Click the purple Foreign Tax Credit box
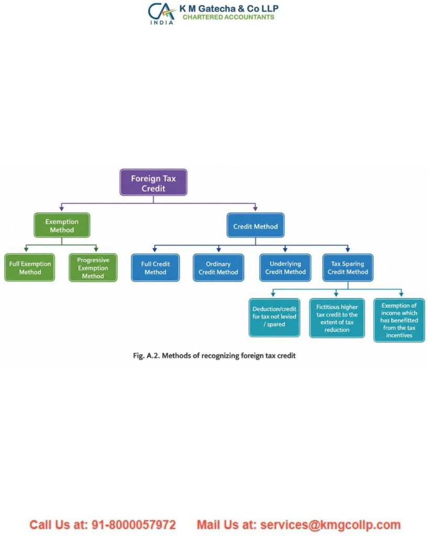[x=153, y=183]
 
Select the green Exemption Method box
[x=62, y=225]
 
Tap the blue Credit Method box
[x=256, y=225]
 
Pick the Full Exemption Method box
[x=30, y=267]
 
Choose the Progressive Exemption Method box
[x=93, y=267]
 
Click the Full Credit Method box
[x=156, y=267]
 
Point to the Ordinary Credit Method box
[x=218, y=267]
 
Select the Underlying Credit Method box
[x=285, y=267]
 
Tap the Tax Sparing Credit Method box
[x=348, y=267]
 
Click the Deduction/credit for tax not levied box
[x=274, y=318]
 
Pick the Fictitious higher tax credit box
[x=337, y=318]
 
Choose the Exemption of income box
[x=399, y=320]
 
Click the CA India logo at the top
[x=161, y=13]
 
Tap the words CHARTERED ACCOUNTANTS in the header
[x=228, y=17]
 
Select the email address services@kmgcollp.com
[x=330, y=524]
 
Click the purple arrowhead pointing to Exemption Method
[x=62, y=208]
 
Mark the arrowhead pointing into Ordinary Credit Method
[x=218, y=250]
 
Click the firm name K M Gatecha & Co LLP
[x=229, y=8]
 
